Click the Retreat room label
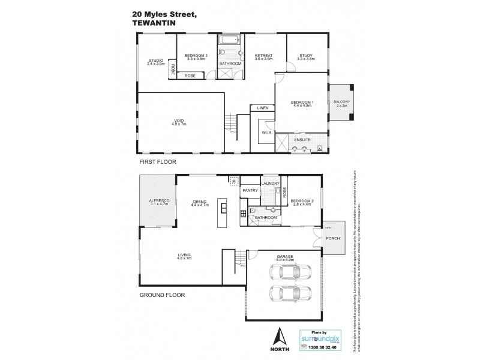coord(264,57)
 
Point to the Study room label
coord(307,57)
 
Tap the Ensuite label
coord(302,139)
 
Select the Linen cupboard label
coord(262,108)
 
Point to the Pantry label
coord(250,190)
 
